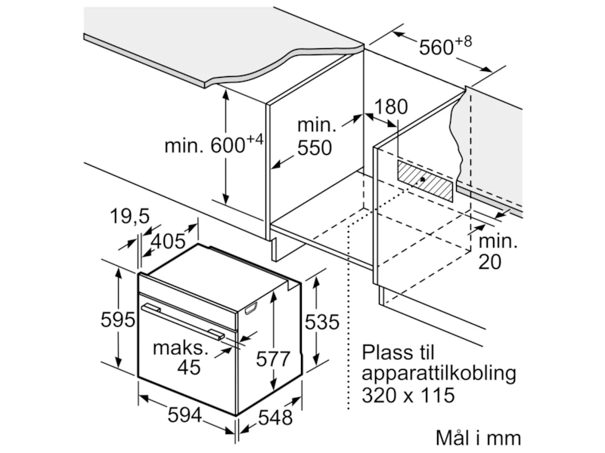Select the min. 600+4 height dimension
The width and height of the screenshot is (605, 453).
(x=213, y=144)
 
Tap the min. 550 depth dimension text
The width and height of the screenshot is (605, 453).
(x=314, y=137)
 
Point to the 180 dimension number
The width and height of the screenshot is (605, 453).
(x=391, y=107)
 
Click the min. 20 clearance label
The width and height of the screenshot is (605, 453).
(x=497, y=252)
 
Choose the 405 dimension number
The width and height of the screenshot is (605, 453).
(x=168, y=242)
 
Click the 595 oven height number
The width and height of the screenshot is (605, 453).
(x=117, y=319)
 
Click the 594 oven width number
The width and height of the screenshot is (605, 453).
(x=185, y=415)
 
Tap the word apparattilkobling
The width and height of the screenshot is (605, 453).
(x=439, y=373)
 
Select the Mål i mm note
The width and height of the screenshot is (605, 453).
(x=478, y=437)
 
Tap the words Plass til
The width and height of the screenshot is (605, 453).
(x=399, y=353)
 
